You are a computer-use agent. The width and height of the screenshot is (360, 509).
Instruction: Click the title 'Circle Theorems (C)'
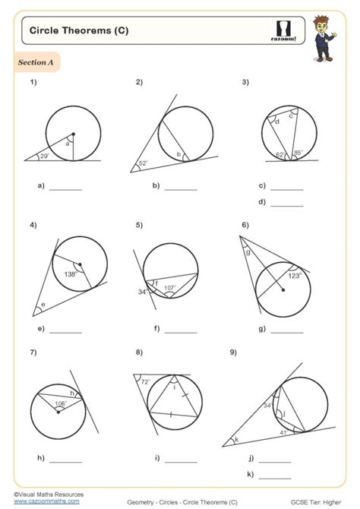click(68, 30)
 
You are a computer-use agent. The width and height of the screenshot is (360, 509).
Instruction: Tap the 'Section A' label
click(35, 62)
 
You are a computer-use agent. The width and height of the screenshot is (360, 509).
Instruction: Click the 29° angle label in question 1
click(44, 156)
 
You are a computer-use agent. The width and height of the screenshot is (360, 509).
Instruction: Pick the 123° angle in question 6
click(294, 276)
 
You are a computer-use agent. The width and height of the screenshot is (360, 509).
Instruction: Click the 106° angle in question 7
click(61, 405)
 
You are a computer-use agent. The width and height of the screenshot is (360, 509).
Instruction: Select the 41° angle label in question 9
click(283, 432)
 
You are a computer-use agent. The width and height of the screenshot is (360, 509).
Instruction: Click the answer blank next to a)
click(65, 188)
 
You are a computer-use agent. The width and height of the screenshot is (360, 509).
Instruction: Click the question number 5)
click(140, 226)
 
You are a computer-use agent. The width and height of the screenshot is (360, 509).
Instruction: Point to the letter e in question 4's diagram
click(42, 305)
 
